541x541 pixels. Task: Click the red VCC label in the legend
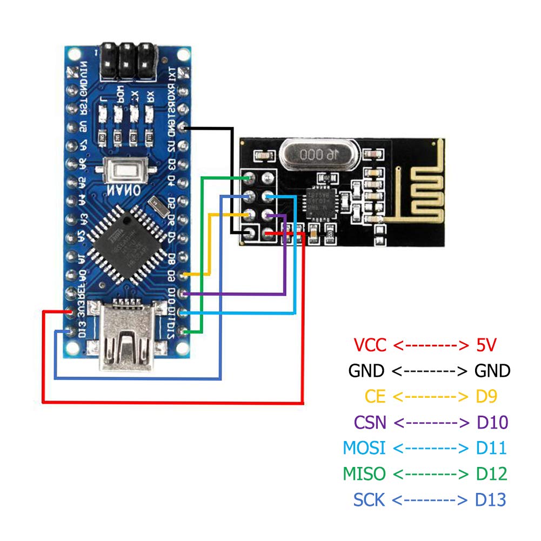370,344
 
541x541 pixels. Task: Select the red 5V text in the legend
486,344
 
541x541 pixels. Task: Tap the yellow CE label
375,396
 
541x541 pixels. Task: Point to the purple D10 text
492,422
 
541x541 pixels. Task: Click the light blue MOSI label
364,448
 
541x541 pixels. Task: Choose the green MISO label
364,474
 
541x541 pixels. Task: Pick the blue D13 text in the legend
491,500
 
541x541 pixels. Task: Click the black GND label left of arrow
366,370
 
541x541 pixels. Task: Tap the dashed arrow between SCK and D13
430,500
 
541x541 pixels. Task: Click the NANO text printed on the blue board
123,191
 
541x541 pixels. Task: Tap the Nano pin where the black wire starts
185,128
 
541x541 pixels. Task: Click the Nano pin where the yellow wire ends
185,275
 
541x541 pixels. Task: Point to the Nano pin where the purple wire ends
185,293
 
